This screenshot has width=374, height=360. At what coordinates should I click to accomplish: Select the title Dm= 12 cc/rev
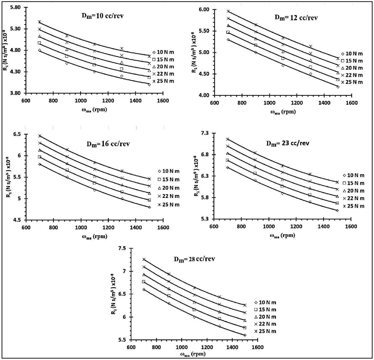point(296,18)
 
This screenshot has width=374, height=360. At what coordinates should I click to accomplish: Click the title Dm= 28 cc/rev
point(194,259)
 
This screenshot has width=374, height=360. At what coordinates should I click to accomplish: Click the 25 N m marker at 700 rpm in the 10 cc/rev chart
point(39,22)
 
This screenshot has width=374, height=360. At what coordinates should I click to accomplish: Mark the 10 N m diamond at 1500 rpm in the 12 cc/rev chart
point(338,87)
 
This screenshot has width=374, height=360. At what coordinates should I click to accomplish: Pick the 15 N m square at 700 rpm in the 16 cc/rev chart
point(39,157)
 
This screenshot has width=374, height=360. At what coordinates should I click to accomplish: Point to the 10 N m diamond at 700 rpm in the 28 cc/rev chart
point(144,289)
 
